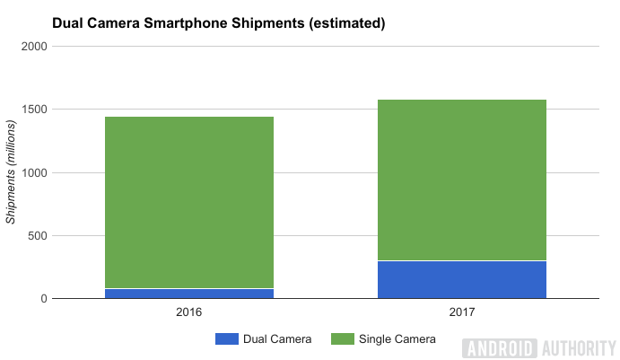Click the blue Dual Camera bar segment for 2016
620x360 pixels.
click(x=189, y=294)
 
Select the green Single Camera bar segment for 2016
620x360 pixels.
click(x=189, y=202)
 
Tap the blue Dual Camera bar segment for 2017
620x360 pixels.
click(x=462, y=279)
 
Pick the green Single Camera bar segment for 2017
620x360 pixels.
click(x=462, y=180)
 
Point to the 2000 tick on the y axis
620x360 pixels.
click(x=33, y=47)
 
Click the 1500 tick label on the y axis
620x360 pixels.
click(x=33, y=110)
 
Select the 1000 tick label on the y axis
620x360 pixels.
click(x=33, y=172)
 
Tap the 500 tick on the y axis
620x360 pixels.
click(x=37, y=236)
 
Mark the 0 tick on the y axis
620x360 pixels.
click(x=43, y=299)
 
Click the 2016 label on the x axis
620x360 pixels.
click(x=189, y=312)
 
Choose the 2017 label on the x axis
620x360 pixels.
click(x=462, y=312)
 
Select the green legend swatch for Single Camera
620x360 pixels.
click(x=341, y=338)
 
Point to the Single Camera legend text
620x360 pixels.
click(x=397, y=338)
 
